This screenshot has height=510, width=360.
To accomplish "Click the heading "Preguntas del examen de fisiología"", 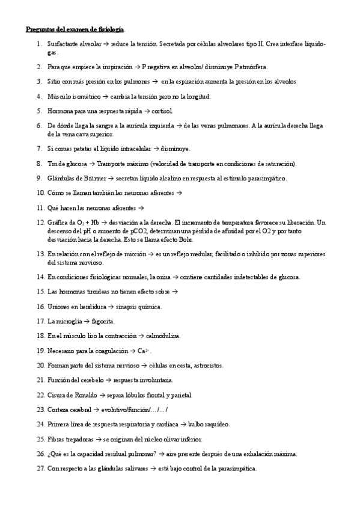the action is click(x=76, y=29).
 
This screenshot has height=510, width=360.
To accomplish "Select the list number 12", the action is click(x=40, y=222).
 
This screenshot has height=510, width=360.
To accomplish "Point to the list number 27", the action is click(x=40, y=469).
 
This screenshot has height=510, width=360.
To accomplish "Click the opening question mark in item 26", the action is click(x=49, y=454).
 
